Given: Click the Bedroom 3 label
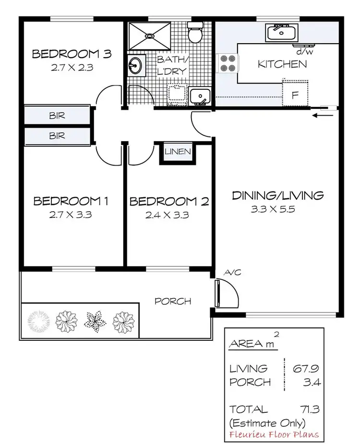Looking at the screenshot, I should pos(72,53).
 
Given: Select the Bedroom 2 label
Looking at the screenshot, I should pos(169,202).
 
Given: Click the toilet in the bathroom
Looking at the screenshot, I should pos(196,32).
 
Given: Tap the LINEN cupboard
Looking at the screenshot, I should pos(178,152).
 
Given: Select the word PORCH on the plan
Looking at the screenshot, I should pos(173,301).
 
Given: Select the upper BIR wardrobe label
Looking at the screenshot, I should pos(57,116).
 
